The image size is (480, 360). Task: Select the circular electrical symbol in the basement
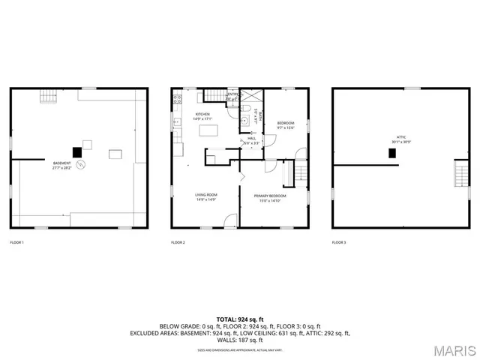(x=83, y=164)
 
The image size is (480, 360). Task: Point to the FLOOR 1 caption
(x=16, y=242)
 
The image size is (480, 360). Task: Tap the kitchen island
(x=208, y=130)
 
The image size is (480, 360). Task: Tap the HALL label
(x=250, y=140)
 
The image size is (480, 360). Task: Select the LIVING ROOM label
(x=205, y=196)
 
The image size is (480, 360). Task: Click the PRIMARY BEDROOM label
(x=273, y=196)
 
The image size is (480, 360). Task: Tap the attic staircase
(x=460, y=175)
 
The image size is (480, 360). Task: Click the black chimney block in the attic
(x=391, y=153)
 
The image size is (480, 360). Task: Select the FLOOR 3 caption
(x=339, y=242)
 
